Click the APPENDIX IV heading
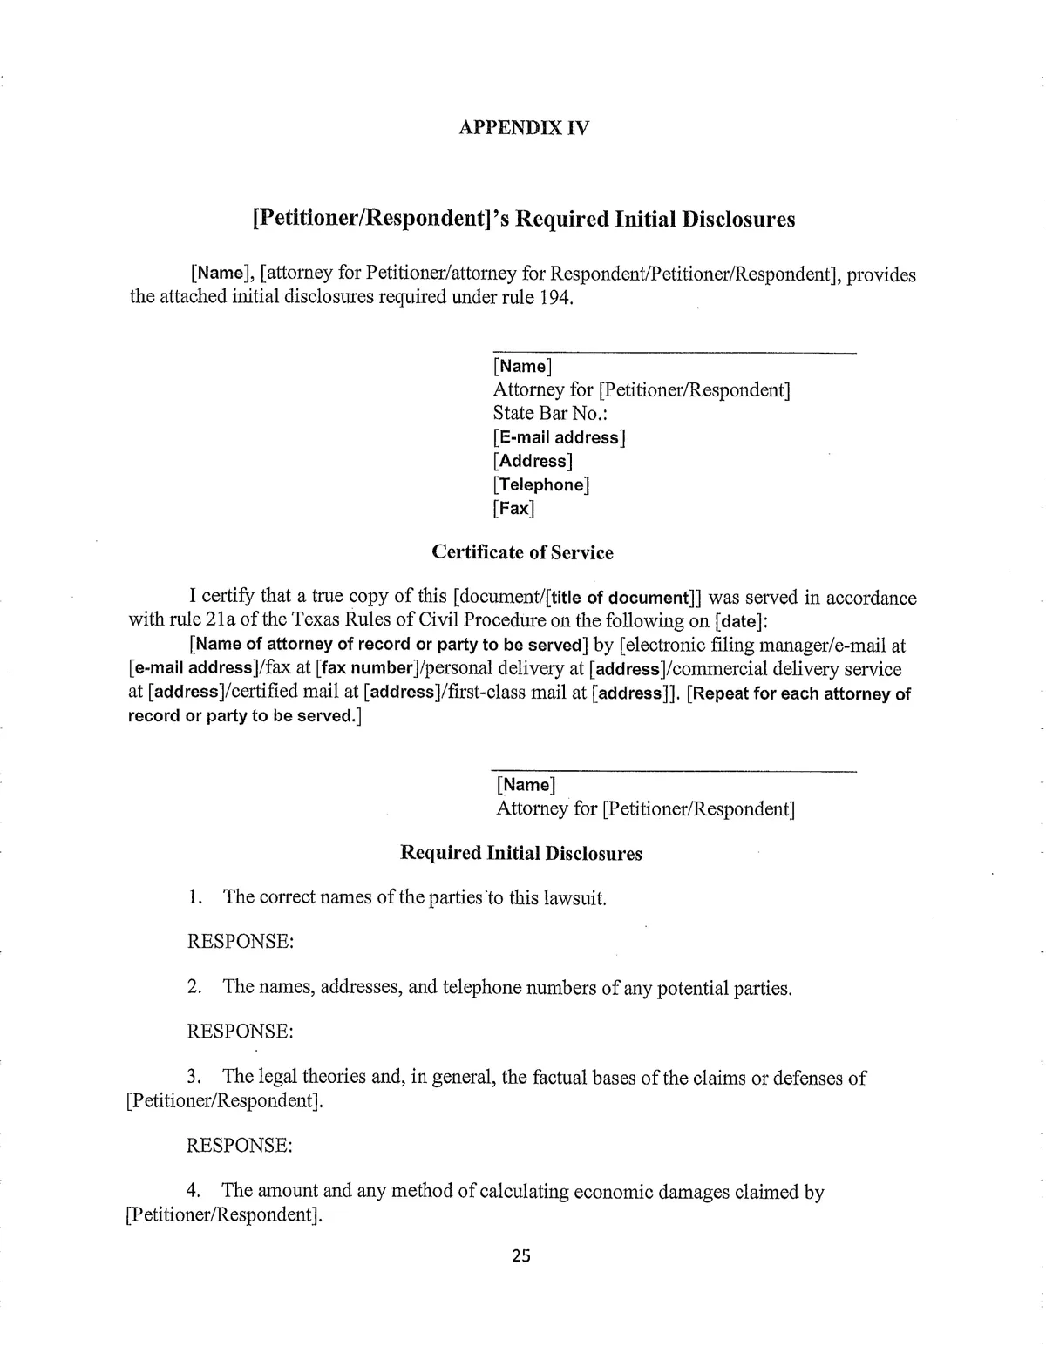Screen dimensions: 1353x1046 (523, 128)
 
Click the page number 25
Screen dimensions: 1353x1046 (521, 1255)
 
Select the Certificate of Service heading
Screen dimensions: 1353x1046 (522, 552)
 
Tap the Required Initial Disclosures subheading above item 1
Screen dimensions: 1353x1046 (520, 853)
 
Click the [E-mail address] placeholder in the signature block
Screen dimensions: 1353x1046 (559, 437)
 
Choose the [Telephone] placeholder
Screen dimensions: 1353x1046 (540, 484)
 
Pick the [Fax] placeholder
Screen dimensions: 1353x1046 (513, 508)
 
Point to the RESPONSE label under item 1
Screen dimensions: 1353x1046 (240, 942)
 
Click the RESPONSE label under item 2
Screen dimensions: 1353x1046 (240, 1032)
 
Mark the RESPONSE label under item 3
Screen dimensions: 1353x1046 (240, 1145)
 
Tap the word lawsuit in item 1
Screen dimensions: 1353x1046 (574, 898)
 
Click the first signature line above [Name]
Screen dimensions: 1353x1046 (674, 353)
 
